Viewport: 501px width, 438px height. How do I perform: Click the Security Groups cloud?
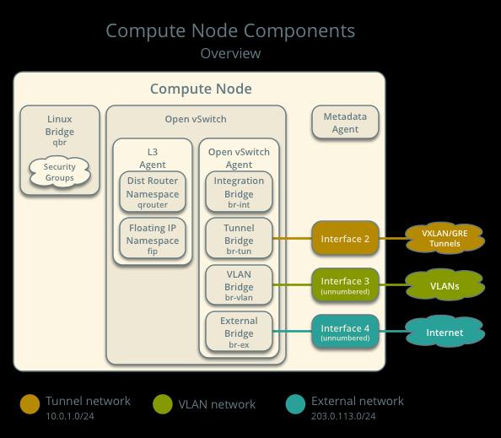60,171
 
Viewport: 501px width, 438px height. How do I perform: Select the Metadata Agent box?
345,122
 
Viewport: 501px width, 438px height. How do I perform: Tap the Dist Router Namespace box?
153,192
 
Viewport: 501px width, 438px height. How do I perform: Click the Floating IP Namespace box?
153,238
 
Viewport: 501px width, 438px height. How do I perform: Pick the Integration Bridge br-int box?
239,192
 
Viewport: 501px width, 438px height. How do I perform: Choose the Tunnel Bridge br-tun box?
239,238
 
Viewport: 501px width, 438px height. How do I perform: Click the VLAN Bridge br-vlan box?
239,285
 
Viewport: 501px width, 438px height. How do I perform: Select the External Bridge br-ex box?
239,332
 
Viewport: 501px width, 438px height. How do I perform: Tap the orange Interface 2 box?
345,238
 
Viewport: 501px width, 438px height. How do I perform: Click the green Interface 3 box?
345,285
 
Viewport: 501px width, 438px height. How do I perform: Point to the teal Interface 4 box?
345,332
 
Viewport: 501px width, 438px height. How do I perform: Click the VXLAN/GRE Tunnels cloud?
444,238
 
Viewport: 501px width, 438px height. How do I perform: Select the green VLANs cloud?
444,285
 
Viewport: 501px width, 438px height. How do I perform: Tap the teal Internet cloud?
444,332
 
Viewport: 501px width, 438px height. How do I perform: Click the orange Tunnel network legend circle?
30,404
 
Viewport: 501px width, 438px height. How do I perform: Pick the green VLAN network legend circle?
163,404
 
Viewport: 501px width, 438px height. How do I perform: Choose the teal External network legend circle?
295,404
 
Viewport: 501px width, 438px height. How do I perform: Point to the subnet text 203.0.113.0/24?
343,416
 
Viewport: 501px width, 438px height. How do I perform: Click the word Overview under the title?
230,53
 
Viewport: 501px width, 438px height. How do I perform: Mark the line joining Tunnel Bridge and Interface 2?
293,238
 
